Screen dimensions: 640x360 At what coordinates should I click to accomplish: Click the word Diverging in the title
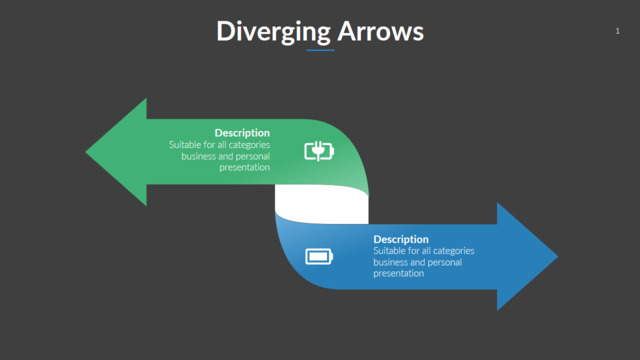pos(273,32)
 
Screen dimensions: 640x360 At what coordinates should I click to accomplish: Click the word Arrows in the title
pos(381,31)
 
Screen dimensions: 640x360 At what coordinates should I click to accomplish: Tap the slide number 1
pos(618,31)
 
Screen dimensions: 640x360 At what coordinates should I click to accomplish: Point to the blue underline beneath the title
pos(320,50)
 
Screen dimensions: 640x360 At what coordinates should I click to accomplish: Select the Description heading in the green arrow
pos(242,133)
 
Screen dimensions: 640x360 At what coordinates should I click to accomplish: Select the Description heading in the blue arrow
pos(401,239)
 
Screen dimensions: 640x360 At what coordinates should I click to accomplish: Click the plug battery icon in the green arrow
pos(319,151)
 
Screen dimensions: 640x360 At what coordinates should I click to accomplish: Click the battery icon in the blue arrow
pos(319,257)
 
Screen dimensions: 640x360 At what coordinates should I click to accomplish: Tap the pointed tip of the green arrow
pos(86,152)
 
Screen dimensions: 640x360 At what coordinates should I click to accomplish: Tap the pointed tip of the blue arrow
pos(557,257)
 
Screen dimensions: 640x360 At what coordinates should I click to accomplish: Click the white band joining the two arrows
pos(322,204)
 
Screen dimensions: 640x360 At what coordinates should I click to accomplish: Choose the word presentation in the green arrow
pos(244,167)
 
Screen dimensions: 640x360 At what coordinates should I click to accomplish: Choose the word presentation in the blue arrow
pos(399,273)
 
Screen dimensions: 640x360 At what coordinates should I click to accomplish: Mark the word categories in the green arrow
pos(249,145)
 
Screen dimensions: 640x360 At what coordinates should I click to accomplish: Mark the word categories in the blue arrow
pos(454,251)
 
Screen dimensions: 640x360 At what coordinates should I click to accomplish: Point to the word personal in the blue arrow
pos(445,262)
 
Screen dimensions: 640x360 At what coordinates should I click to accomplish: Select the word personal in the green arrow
pos(253,156)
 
